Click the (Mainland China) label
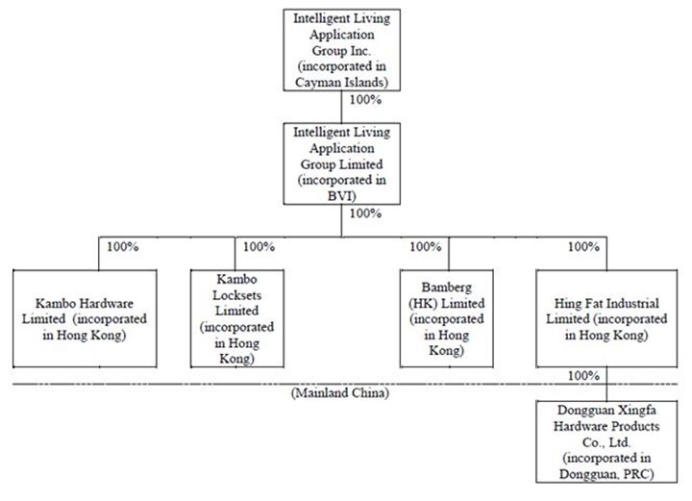tap(334, 393)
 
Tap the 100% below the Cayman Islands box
tap(365, 99)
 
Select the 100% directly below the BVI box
tap(366, 213)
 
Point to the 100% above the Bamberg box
tap(425, 247)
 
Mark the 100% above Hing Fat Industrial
tap(582, 247)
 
